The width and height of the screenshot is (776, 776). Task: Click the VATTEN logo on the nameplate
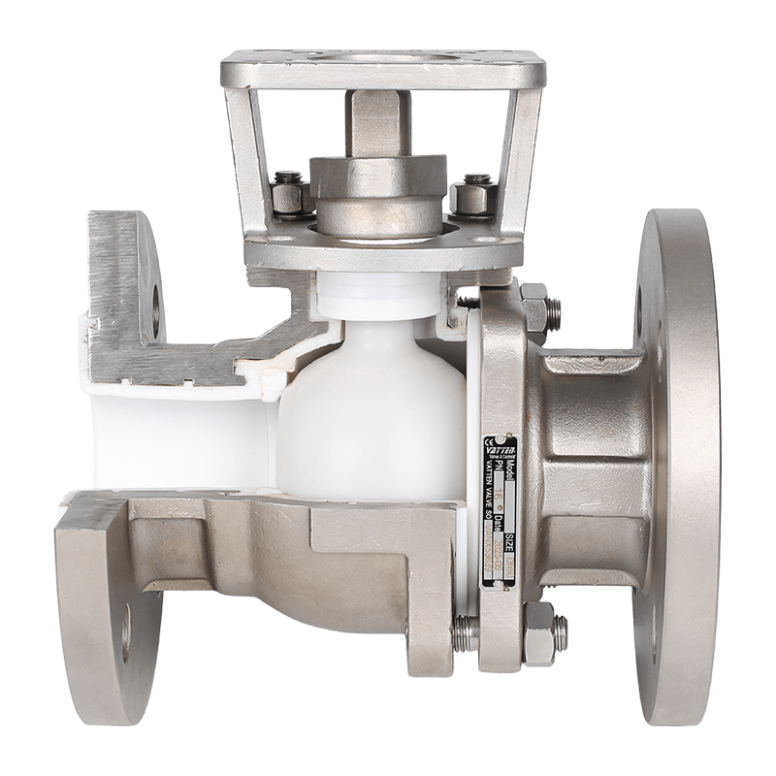500,450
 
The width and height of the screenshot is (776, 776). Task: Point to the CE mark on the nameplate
488,442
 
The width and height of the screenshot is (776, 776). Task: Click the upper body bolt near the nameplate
536,308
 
